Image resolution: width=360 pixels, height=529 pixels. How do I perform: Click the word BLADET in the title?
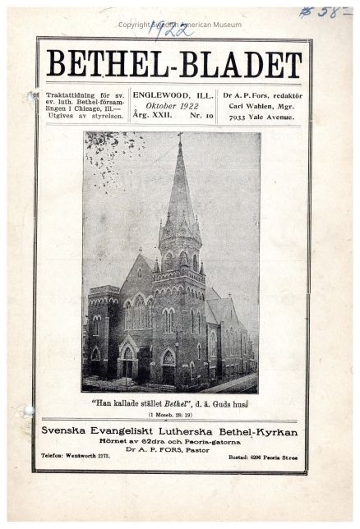coord(237,63)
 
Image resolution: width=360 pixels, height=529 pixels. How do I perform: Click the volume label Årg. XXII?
coord(152,116)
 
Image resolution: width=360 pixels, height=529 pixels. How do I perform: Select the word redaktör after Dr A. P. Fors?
coord(284,94)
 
